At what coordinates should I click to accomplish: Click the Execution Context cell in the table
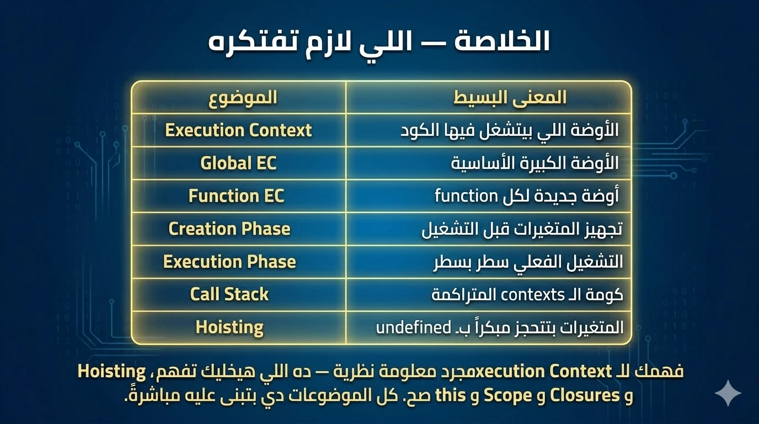238,130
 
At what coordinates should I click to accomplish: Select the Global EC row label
238,163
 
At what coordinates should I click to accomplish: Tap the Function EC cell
236,196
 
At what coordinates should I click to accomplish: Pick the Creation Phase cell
229,229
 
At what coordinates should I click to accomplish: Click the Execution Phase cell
229,262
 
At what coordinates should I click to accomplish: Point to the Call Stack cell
229,294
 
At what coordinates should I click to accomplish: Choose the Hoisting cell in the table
229,327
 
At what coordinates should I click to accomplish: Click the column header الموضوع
243,98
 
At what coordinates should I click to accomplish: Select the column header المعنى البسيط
510,98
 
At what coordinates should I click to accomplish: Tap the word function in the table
466,196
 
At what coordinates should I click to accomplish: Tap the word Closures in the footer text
585,395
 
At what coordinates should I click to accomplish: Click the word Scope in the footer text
508,395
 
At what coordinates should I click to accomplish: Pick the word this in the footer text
450,395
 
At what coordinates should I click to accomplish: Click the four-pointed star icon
728,393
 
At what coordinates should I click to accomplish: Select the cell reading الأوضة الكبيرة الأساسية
534,163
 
